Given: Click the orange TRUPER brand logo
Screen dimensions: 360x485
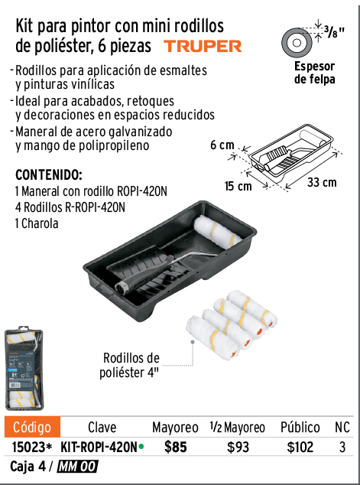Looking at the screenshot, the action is pyautogui.click(x=203, y=47).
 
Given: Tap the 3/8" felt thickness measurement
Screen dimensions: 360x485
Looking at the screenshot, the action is pyautogui.click(x=334, y=31).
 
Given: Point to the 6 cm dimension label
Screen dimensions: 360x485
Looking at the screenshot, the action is pyautogui.click(x=222, y=145).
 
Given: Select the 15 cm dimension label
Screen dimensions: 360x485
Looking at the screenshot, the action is pyautogui.click(x=238, y=186).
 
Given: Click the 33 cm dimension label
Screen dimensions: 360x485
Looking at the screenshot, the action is pyautogui.click(x=322, y=182).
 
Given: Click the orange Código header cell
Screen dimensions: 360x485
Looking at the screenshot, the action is pyautogui.click(x=32, y=427).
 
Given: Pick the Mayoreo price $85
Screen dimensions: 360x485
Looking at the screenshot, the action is pyautogui.click(x=176, y=447).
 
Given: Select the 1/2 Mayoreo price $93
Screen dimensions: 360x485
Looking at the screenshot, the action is pyautogui.click(x=238, y=448).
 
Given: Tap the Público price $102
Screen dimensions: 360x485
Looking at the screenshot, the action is pyautogui.click(x=300, y=448).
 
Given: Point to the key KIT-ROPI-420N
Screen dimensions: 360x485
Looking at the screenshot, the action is pyautogui.click(x=99, y=448).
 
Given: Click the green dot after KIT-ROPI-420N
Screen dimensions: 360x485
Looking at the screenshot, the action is pyautogui.click(x=141, y=447).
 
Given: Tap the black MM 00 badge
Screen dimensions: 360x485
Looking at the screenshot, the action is pyautogui.click(x=77, y=467).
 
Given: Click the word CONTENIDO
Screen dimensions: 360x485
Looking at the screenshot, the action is pyautogui.click(x=49, y=175).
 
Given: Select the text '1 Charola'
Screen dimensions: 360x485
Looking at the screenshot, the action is pyautogui.click(x=37, y=223).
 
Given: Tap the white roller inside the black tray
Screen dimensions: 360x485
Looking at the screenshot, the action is pyautogui.click(x=218, y=231).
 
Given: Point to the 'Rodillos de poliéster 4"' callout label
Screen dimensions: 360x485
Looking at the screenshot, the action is pyautogui.click(x=131, y=366).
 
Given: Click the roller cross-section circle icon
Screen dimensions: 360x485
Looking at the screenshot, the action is pyautogui.click(x=297, y=42).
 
